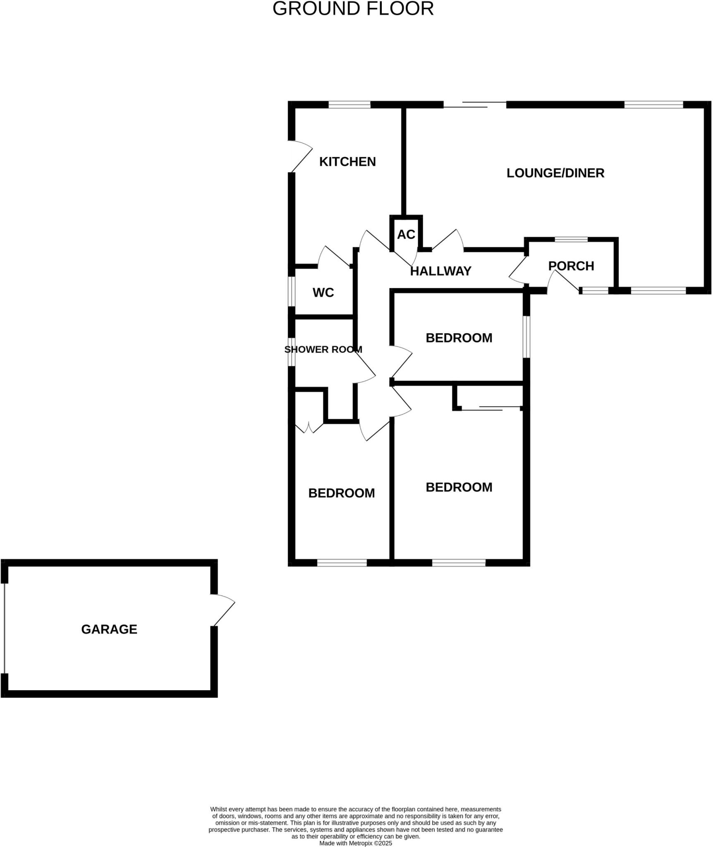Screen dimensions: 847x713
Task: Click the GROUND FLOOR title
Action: pos(353,9)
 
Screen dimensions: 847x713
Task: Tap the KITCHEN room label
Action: pos(347,162)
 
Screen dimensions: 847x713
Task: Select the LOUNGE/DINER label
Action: pos(555,173)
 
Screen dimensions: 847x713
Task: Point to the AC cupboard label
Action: pos(406,234)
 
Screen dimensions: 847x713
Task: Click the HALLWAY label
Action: pos(440,271)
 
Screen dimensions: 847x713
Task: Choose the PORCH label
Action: pos(571,266)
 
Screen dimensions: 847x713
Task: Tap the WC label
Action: pos(323,292)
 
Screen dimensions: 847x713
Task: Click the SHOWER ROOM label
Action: pos(323,349)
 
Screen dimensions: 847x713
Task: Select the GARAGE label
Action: pos(109,629)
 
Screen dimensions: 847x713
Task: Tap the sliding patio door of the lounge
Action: pos(475,105)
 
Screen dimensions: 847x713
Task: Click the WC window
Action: pos(292,291)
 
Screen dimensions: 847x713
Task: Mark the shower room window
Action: pos(292,352)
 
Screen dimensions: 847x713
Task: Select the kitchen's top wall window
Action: pos(349,105)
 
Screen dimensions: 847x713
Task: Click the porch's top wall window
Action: pos(571,239)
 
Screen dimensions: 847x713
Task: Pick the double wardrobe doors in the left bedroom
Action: pos(309,427)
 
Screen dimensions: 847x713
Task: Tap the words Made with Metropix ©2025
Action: pos(355,843)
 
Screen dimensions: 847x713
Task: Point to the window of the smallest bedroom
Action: pos(526,337)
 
